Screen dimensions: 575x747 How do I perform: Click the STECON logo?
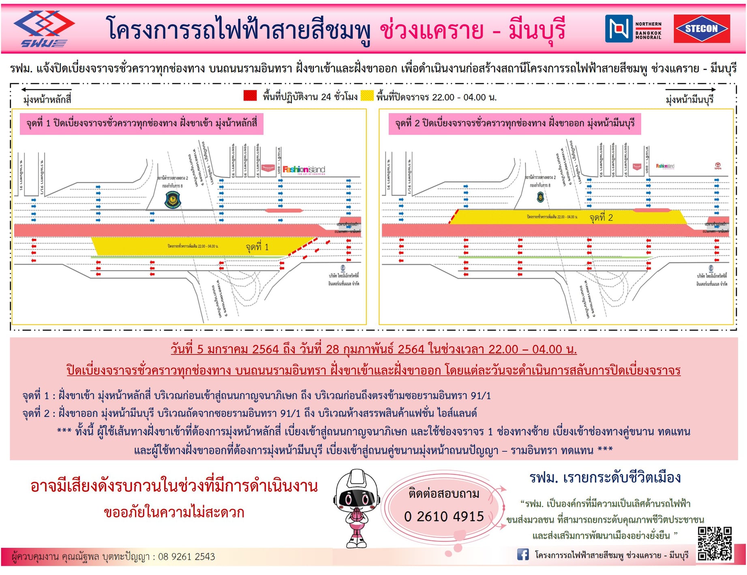coord(701,28)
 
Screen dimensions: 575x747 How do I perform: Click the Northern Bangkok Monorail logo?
coord(633,28)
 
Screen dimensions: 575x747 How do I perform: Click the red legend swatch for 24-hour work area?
coord(250,96)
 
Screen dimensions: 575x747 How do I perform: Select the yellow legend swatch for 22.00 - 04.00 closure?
coord(367,96)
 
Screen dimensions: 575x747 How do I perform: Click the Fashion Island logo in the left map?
coord(304,169)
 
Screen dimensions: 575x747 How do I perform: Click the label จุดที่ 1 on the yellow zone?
coord(257,247)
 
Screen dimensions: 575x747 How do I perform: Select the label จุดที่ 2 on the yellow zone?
coord(601,218)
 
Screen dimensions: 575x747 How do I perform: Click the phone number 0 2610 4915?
coord(444,517)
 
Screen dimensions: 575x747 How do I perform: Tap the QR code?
coord(715,543)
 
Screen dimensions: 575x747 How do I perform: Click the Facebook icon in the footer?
coord(523,554)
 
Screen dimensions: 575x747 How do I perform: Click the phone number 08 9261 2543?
coord(186,557)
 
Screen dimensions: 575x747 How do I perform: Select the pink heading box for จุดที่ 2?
coord(514,123)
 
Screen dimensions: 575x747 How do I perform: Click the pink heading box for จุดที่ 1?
coord(141,123)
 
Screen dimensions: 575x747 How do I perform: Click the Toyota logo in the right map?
coord(717,166)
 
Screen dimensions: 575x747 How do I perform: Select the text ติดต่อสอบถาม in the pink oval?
coord(444,494)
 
